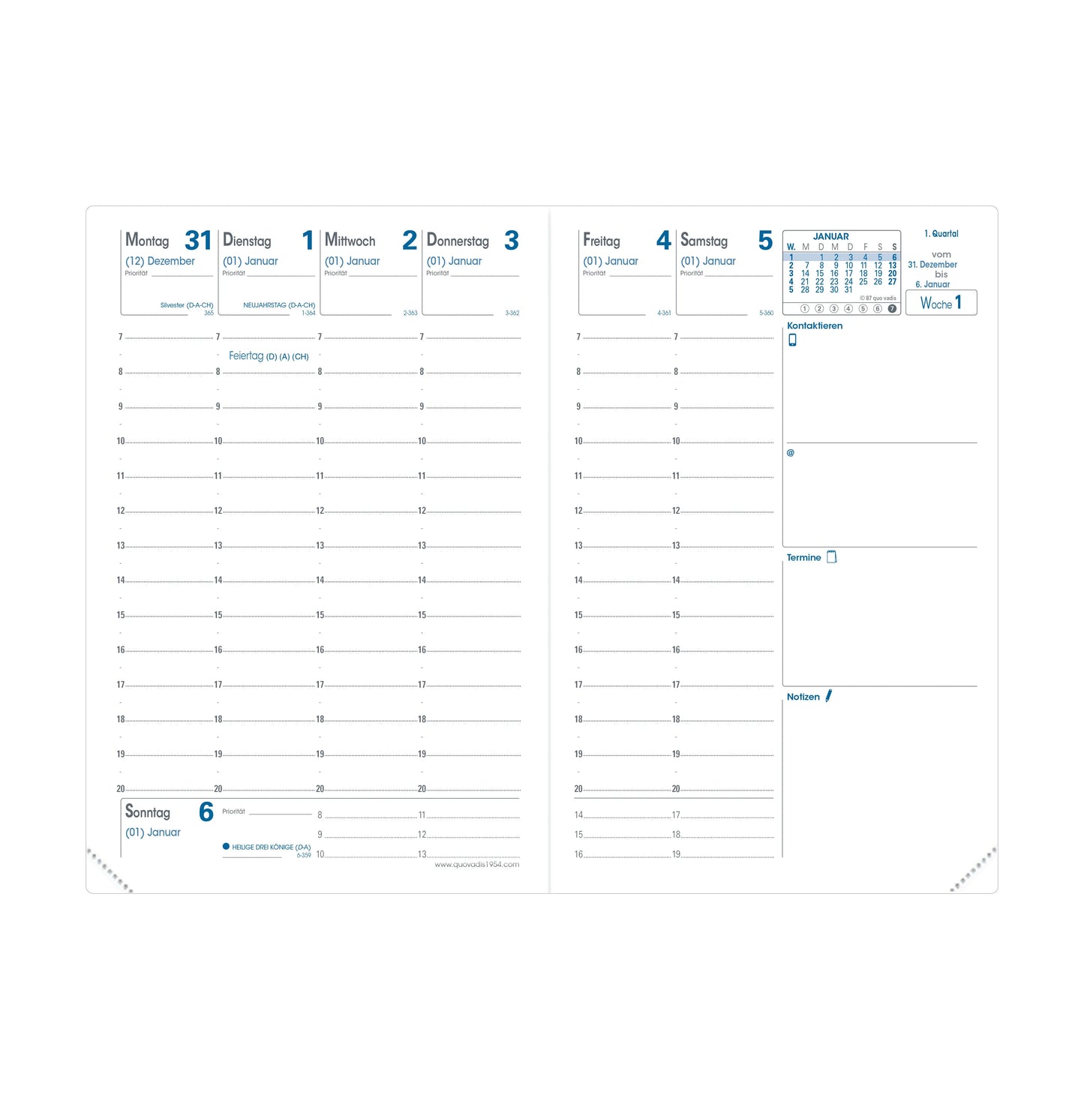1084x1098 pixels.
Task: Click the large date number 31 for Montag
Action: click(x=198, y=241)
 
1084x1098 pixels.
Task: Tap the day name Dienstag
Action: click(x=247, y=241)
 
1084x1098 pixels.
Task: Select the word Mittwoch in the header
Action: click(x=350, y=241)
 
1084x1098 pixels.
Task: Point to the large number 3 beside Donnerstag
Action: click(x=512, y=241)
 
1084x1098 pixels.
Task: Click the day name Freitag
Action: click(x=602, y=241)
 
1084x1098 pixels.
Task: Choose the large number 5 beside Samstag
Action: click(x=765, y=241)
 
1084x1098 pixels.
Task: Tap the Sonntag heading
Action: click(x=148, y=812)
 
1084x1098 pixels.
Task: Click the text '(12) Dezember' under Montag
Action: click(x=160, y=261)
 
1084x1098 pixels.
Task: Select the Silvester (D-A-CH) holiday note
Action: click(x=187, y=305)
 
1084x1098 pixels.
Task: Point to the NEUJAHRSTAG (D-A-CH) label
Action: click(x=279, y=305)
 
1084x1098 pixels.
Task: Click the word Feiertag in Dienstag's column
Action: click(x=246, y=356)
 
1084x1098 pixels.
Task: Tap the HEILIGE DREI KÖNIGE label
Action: click(x=271, y=847)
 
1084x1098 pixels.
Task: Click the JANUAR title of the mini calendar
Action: click(x=831, y=236)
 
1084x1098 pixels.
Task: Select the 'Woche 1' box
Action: click(x=941, y=303)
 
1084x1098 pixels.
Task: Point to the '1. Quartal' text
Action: click(x=941, y=234)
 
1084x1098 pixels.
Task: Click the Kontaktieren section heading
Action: click(x=815, y=325)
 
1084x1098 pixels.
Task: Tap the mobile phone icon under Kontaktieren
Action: click(x=792, y=340)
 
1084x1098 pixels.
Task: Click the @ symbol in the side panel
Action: click(x=790, y=453)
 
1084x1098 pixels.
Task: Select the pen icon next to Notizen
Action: click(x=829, y=696)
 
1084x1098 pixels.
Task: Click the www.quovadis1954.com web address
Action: click(x=477, y=865)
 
